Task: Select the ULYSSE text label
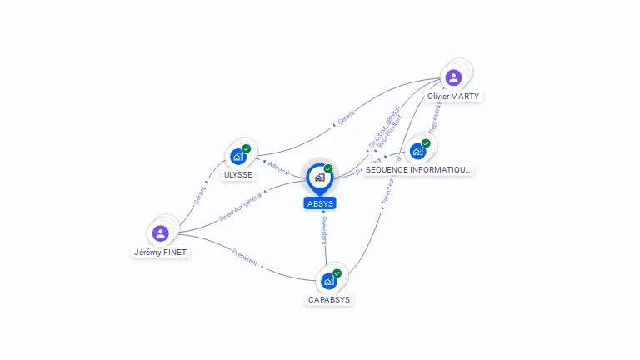(x=238, y=175)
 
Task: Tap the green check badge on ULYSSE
(x=247, y=148)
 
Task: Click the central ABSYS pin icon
(x=319, y=177)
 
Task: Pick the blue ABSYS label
(x=320, y=203)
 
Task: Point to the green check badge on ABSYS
(x=328, y=168)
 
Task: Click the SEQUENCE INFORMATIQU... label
(x=418, y=169)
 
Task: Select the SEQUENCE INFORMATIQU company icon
(x=417, y=151)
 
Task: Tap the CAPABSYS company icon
(x=328, y=281)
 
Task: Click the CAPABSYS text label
(x=329, y=299)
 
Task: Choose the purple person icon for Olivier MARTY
(x=453, y=78)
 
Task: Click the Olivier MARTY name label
(x=453, y=97)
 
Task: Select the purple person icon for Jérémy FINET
(x=161, y=232)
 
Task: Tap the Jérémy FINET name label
(x=162, y=252)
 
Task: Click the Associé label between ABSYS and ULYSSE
(x=279, y=167)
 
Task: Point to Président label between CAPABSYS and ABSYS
(x=324, y=231)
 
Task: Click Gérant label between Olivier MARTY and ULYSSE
(x=346, y=117)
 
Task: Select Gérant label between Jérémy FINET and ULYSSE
(x=200, y=194)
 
